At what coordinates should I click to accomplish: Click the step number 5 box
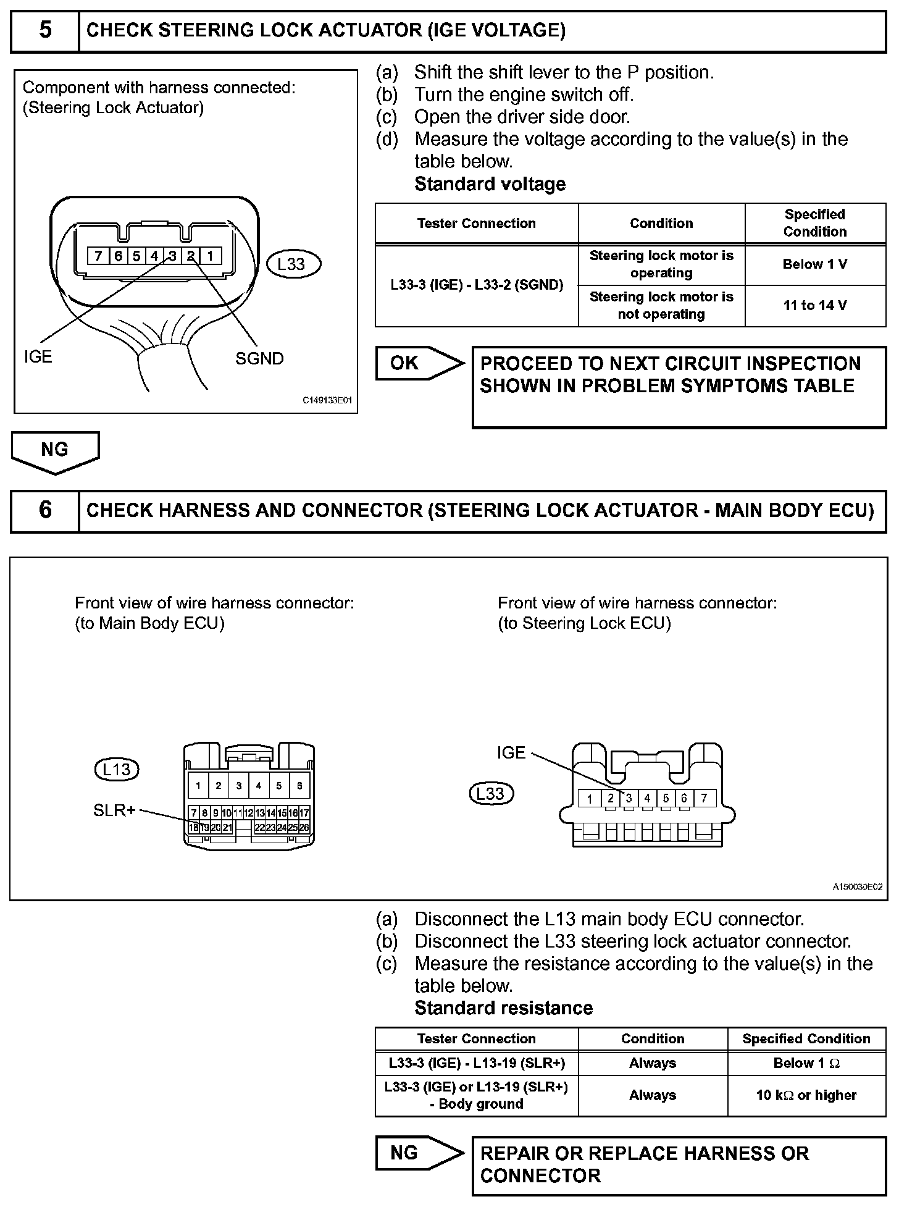pos(45,30)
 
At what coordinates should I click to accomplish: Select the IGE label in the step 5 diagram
pos(38,356)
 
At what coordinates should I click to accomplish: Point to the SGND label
pos(259,358)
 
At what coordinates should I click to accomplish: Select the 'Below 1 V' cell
pos(814,264)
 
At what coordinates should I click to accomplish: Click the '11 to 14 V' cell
pos(814,305)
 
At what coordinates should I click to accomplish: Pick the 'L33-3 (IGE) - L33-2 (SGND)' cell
pos(477,285)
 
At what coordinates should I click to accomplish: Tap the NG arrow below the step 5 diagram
pos(54,450)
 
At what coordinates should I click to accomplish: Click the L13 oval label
pos(116,769)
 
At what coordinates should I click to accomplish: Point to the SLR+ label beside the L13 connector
pos(114,810)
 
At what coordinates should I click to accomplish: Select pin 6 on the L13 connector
pos(299,786)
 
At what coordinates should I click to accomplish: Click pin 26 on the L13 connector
pos(304,827)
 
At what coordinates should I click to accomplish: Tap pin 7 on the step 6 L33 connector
pos(704,798)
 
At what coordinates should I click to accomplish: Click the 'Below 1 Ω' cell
pos(806,1063)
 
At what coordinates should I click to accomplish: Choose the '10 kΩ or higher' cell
pos(806,1095)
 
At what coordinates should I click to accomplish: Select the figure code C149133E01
pos(327,400)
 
